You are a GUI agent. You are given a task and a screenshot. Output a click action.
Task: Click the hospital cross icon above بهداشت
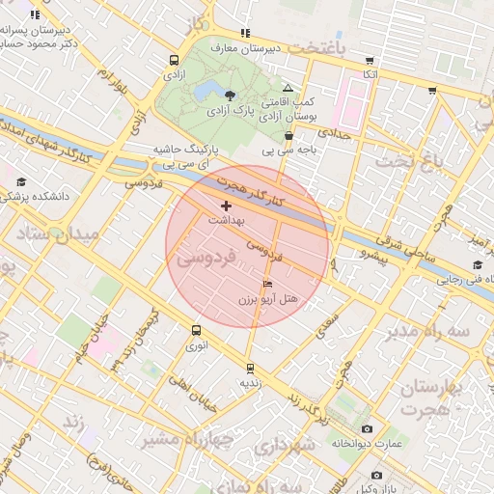point(226,206)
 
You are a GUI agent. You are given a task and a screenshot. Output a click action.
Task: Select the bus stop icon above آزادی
point(173,58)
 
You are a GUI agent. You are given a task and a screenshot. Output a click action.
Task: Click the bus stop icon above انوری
point(197,330)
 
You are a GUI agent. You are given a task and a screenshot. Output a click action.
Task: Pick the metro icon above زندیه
point(251,368)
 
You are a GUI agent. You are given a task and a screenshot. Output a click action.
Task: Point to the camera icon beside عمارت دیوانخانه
point(366,428)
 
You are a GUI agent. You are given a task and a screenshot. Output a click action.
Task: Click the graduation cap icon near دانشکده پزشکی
point(21,181)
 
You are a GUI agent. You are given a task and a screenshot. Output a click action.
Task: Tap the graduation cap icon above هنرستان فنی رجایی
point(477,265)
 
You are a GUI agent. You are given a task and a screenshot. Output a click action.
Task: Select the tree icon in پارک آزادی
point(230,95)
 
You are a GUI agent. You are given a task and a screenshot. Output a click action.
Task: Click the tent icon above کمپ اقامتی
point(287,88)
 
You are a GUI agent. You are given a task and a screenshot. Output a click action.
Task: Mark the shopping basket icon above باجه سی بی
point(288,136)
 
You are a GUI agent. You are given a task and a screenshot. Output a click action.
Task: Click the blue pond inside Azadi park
point(206,92)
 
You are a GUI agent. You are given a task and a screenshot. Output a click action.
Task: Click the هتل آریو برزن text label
point(271,301)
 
